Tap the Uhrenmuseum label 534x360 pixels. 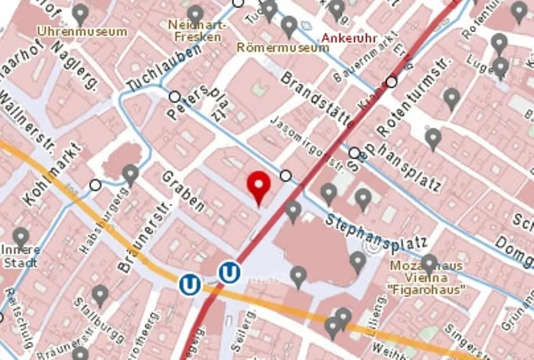(x=82, y=31)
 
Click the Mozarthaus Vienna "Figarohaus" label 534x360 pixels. (x=427, y=277)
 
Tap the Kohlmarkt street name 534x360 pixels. (x=54, y=175)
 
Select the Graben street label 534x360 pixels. (x=183, y=191)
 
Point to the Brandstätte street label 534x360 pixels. (x=317, y=96)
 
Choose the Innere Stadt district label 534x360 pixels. (x=21, y=255)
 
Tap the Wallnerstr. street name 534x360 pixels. (x=29, y=122)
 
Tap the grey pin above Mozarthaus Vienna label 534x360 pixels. (x=429, y=262)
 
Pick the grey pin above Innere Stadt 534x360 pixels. (x=21, y=236)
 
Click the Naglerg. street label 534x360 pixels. (x=75, y=65)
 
